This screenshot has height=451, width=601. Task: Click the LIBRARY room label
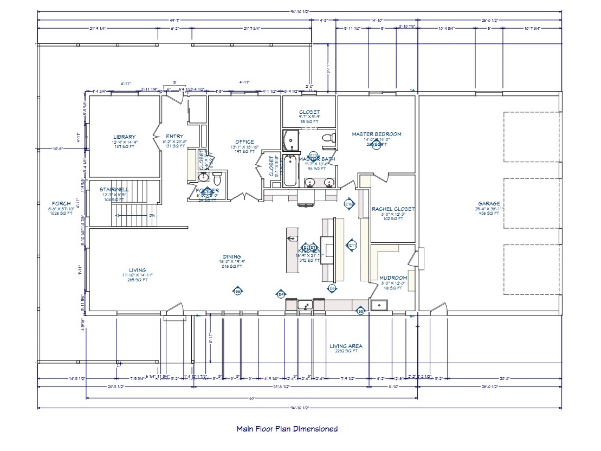[x=124, y=137]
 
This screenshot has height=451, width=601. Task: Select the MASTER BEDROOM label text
[x=376, y=134]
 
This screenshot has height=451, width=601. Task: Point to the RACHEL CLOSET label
[x=393, y=209]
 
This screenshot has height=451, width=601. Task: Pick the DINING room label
[x=231, y=257]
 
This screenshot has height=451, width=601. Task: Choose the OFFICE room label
[x=244, y=142]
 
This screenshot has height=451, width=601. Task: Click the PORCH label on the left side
[x=61, y=204]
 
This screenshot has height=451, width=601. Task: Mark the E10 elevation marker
[x=349, y=204]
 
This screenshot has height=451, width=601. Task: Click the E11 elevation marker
[x=352, y=245]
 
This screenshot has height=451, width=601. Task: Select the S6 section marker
[x=237, y=292]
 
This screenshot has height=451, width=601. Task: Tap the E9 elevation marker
[x=281, y=294]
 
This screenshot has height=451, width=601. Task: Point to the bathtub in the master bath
[x=290, y=170]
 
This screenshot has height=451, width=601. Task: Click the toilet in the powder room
[x=217, y=178]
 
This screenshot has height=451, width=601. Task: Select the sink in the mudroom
[x=380, y=305]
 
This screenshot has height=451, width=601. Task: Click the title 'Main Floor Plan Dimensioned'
[x=287, y=429]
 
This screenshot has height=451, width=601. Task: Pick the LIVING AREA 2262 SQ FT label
[x=346, y=348]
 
